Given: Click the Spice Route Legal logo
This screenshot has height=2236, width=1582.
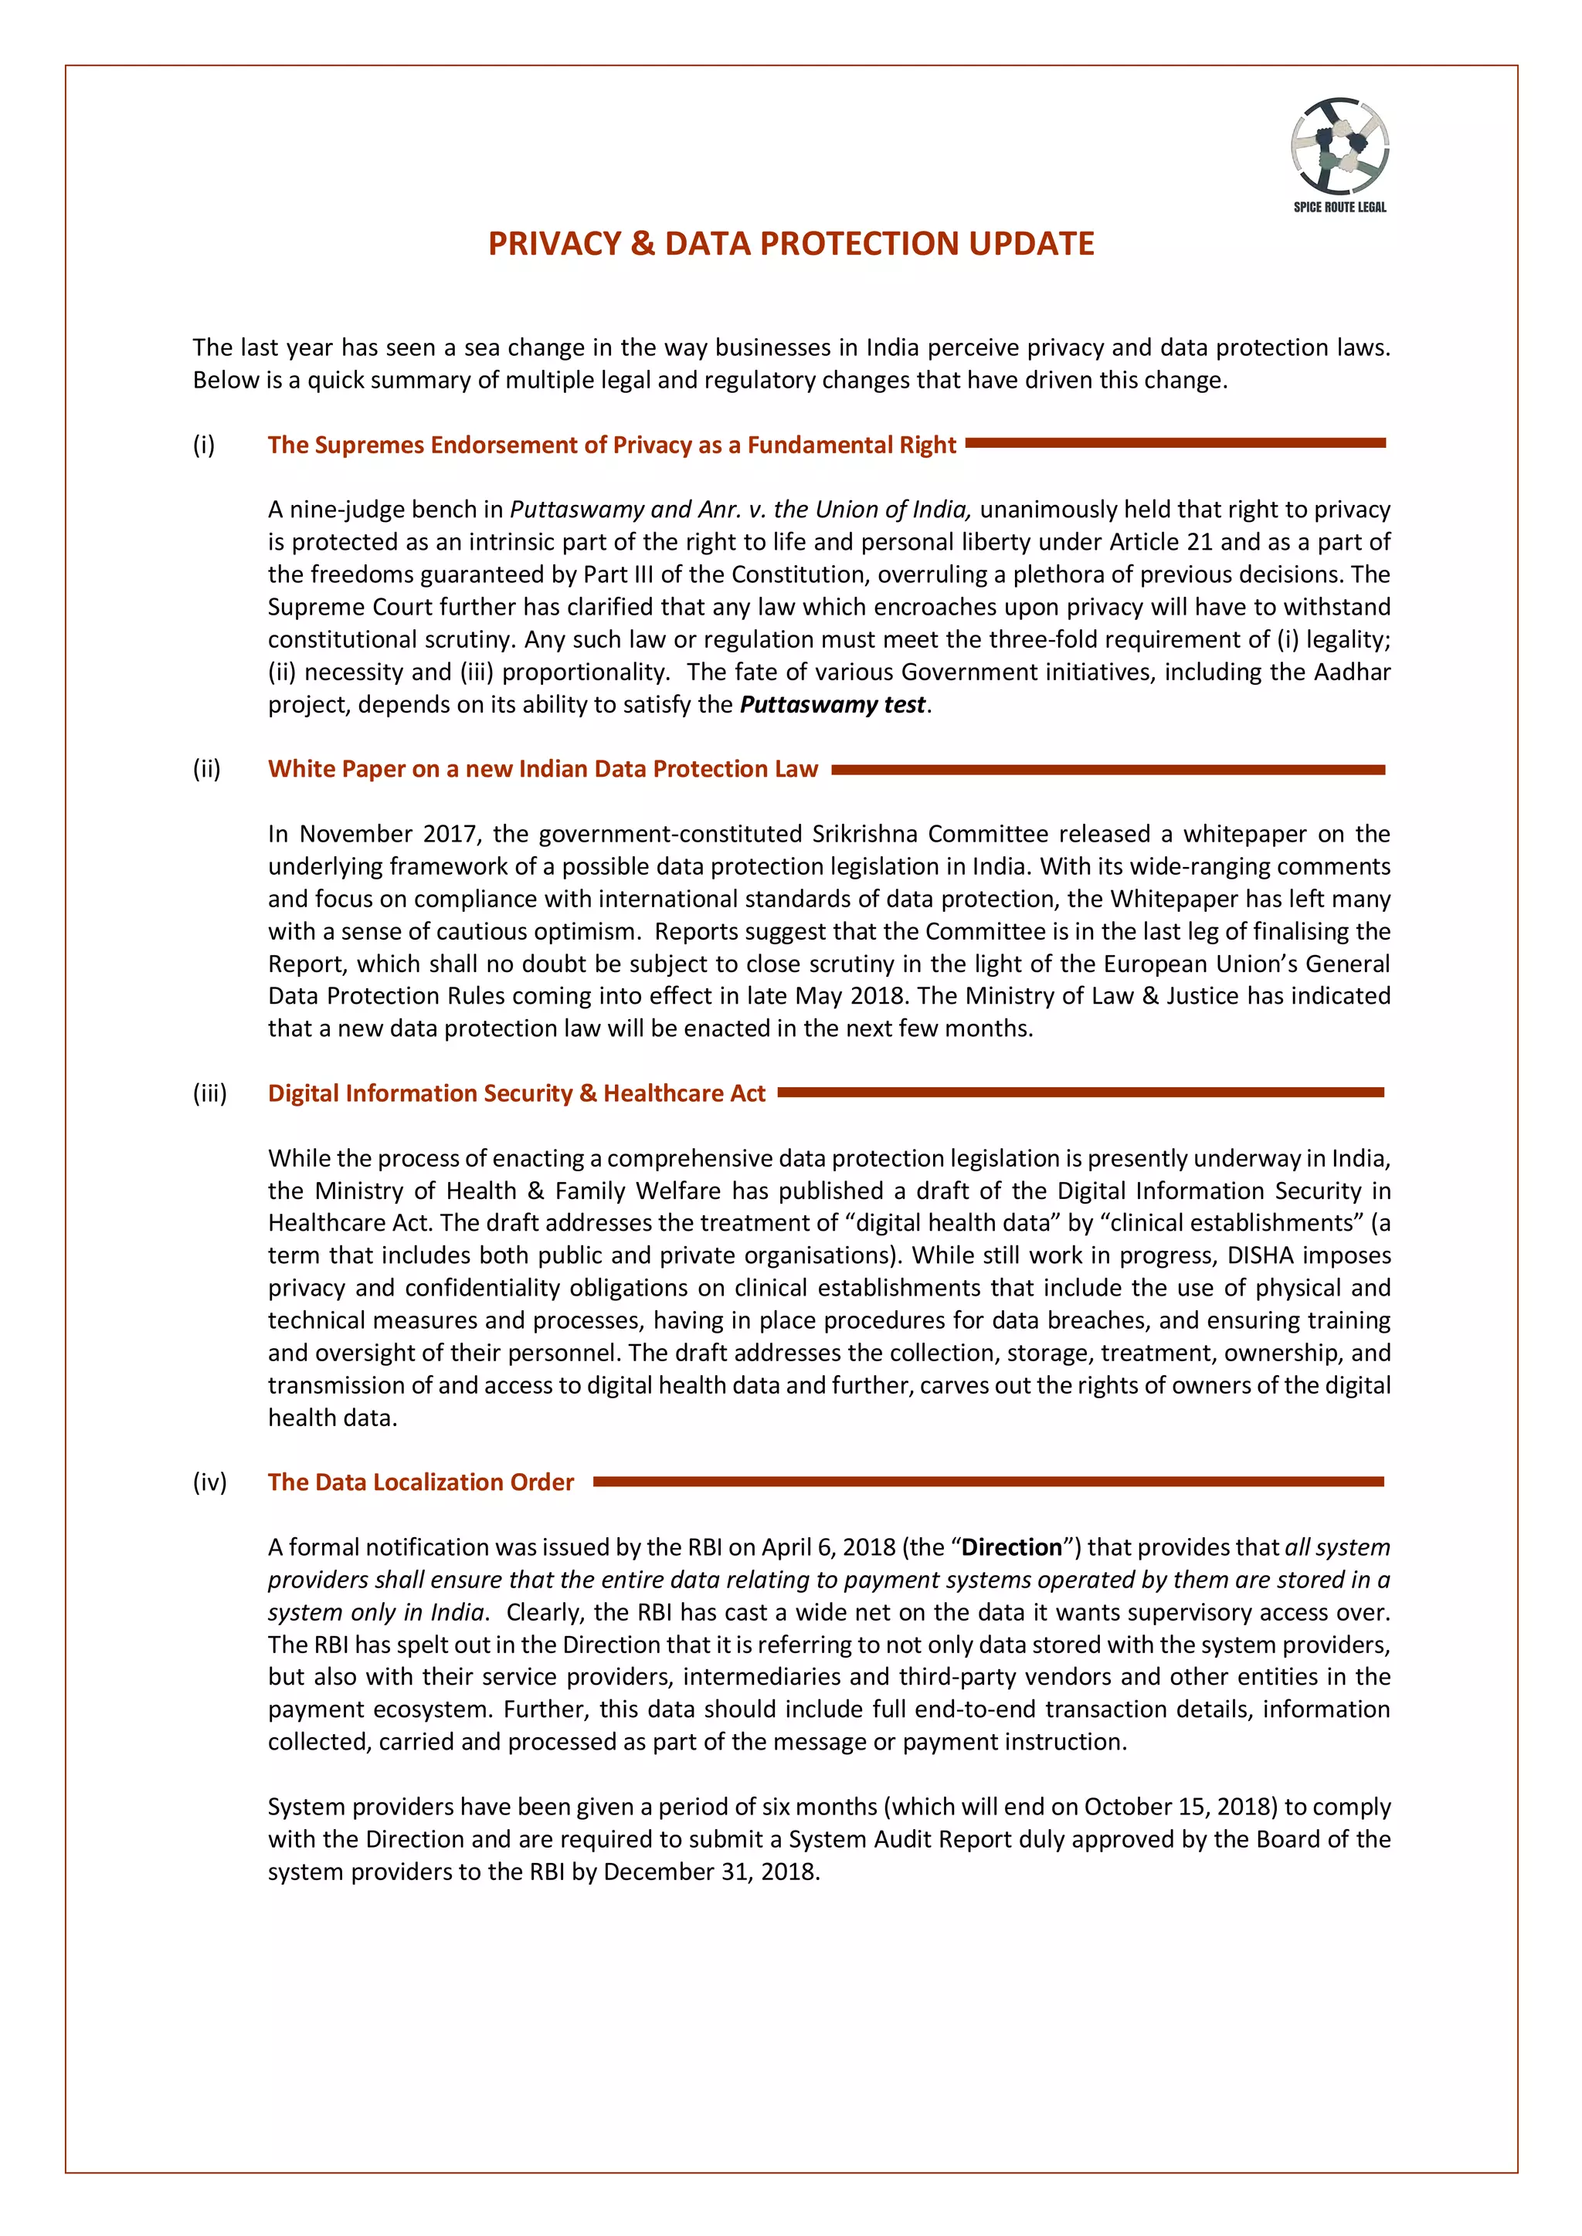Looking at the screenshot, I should (x=1339, y=154).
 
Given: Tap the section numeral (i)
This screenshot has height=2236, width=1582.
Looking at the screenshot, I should (x=204, y=445).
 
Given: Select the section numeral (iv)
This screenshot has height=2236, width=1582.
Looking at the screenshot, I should (x=209, y=1482).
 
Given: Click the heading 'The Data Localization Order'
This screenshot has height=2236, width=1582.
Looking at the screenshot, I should (x=421, y=1482).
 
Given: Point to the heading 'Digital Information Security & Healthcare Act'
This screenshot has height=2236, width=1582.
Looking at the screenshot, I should (x=516, y=1093).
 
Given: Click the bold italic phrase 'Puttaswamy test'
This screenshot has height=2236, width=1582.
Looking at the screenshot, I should (x=833, y=704).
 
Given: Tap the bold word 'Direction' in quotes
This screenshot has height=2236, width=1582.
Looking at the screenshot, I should (x=1011, y=1547).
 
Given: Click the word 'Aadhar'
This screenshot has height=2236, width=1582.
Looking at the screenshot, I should (x=1352, y=672).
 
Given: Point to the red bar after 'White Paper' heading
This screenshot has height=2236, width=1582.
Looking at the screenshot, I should (x=1108, y=769).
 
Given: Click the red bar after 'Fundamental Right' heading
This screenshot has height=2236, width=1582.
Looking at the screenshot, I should (x=1175, y=443).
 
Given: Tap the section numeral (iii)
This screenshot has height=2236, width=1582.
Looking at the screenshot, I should (x=209, y=1093).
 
